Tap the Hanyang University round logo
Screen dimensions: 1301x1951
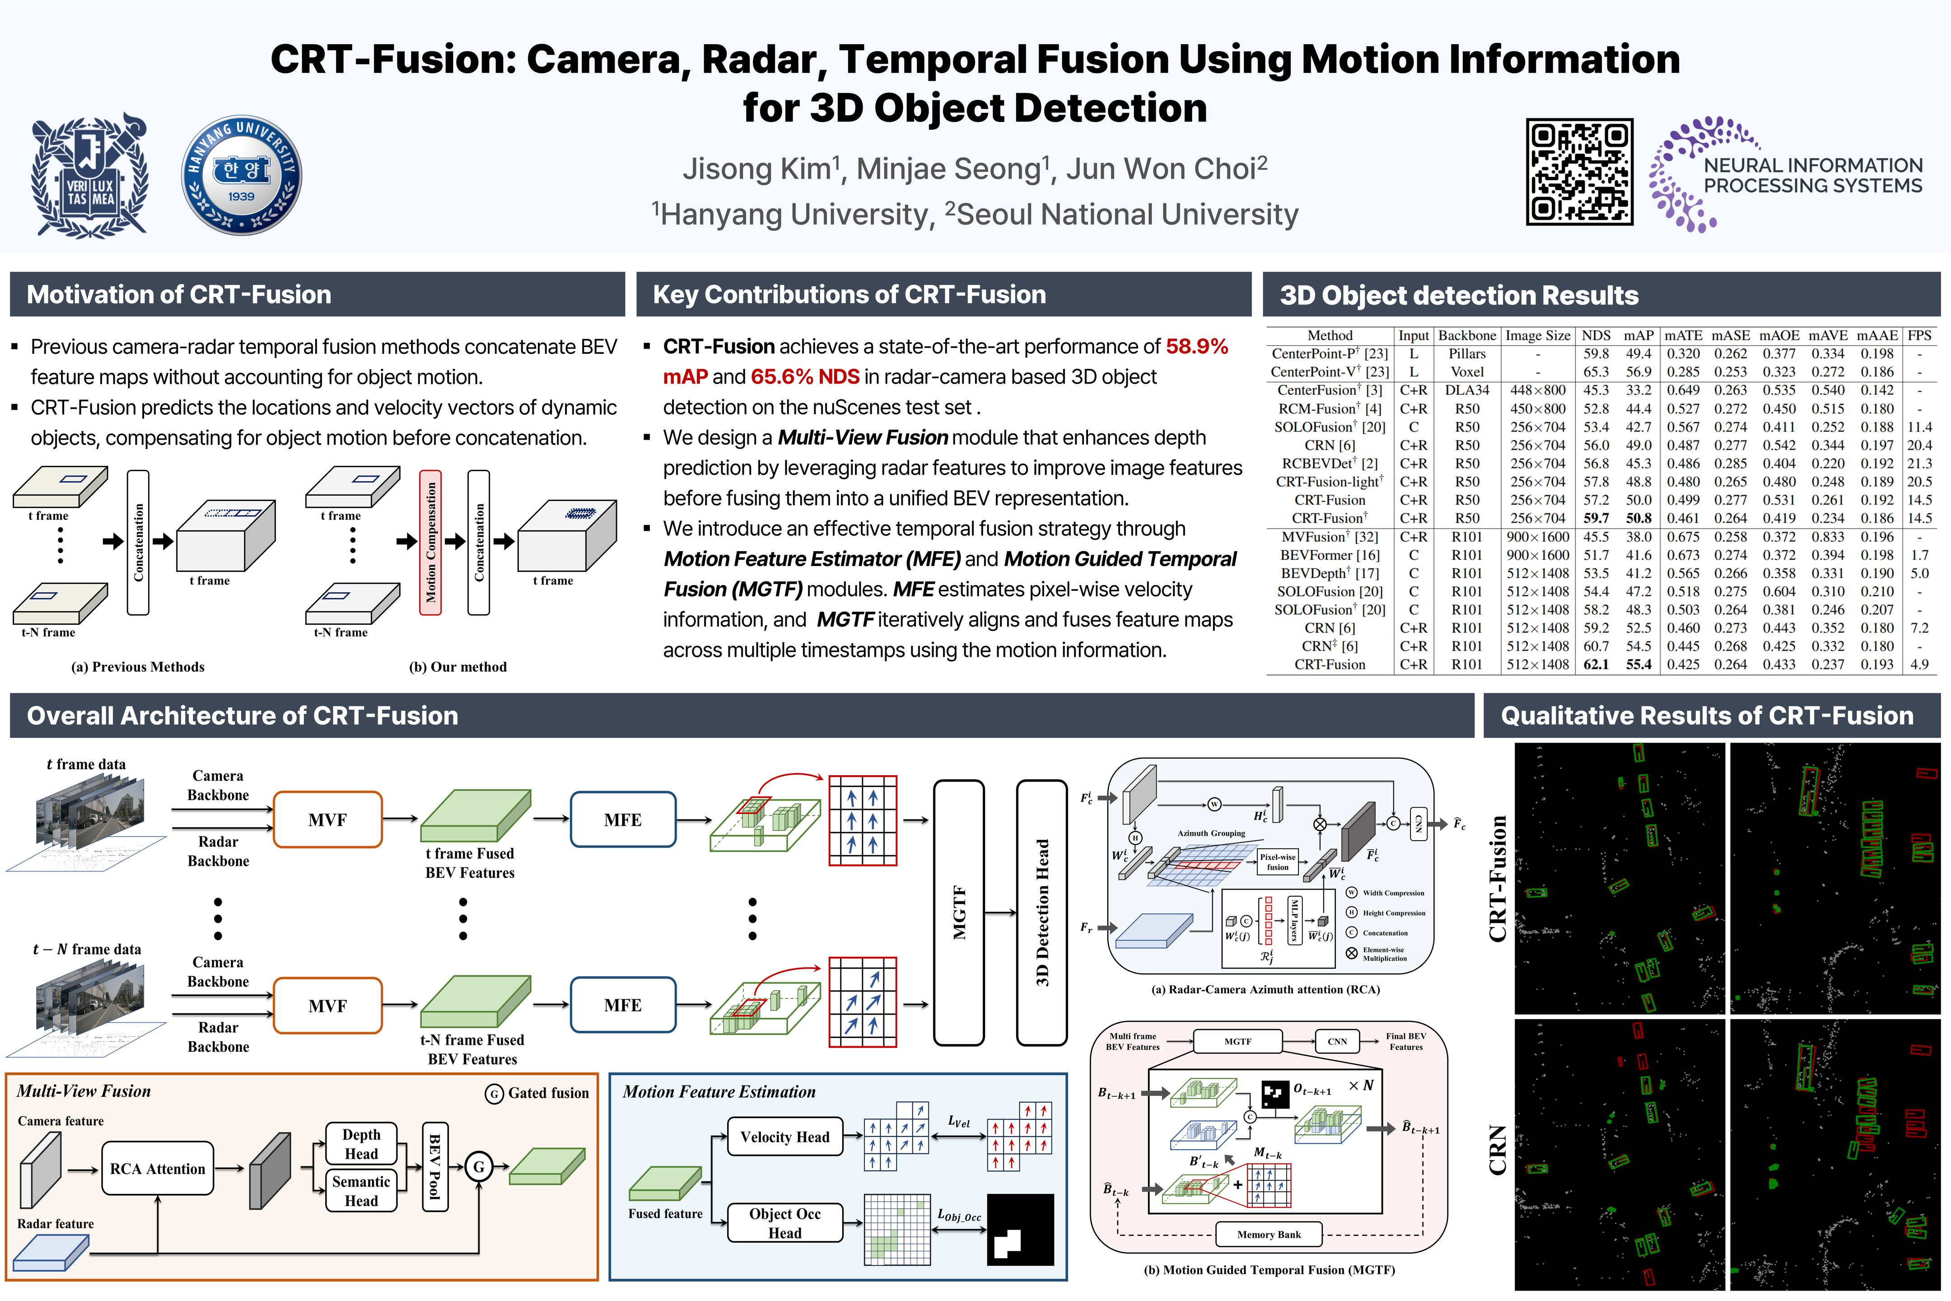(x=241, y=175)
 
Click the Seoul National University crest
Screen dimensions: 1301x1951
(x=89, y=175)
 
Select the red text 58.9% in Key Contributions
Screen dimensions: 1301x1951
(x=1196, y=347)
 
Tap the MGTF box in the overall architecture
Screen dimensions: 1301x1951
(x=959, y=912)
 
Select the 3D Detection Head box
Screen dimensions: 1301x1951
(x=1042, y=912)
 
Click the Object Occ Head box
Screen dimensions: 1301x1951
(x=785, y=1223)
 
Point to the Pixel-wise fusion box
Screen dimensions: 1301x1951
(x=1278, y=862)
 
